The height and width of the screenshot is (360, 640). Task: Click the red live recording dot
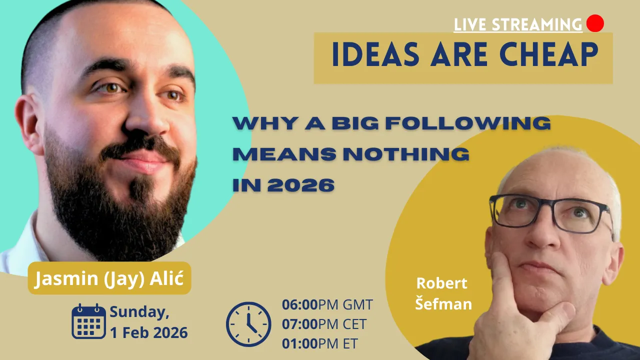(x=595, y=23)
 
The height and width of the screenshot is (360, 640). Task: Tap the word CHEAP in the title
(x=548, y=54)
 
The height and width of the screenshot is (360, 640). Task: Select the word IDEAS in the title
(x=375, y=54)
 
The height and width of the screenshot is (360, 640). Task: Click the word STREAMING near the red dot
(x=537, y=24)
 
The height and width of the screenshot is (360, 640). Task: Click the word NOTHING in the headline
(x=406, y=154)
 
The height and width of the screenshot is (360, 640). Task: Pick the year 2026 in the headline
(x=301, y=185)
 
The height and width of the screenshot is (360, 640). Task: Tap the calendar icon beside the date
(x=88, y=321)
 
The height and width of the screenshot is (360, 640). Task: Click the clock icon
(x=248, y=324)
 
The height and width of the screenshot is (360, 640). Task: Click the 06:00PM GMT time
(x=327, y=304)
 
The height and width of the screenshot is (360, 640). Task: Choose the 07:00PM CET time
(x=324, y=324)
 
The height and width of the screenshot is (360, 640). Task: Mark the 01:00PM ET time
(x=320, y=343)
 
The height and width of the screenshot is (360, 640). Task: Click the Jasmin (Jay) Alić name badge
(x=109, y=278)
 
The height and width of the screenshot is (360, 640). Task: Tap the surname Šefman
(x=443, y=303)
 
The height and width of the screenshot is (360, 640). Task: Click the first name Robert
(x=441, y=283)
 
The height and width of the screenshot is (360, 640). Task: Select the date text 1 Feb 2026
(x=149, y=333)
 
